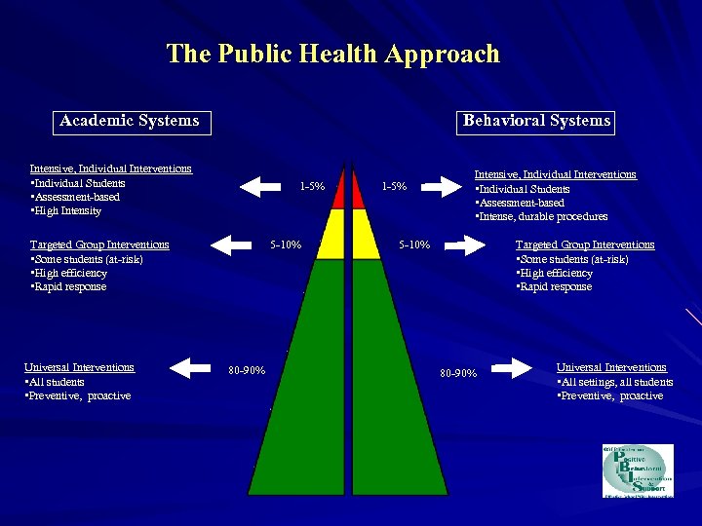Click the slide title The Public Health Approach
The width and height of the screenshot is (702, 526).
tap(332, 54)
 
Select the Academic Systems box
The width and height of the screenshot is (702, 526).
tap(129, 122)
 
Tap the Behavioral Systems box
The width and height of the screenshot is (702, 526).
tap(536, 121)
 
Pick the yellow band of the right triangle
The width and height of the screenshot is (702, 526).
tap(365, 234)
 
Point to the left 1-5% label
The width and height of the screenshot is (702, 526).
tap(312, 186)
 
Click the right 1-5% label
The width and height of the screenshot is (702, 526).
tap(394, 186)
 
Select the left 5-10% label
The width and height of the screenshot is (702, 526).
tap(285, 244)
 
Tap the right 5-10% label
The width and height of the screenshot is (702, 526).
tap(414, 244)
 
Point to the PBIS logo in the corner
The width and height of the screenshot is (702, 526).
tap(637, 470)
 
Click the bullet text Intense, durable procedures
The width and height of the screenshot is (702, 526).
tap(544, 216)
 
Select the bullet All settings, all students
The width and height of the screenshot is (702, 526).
tap(616, 382)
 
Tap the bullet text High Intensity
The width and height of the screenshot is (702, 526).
tap(68, 210)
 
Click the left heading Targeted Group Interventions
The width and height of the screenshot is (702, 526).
tap(99, 244)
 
